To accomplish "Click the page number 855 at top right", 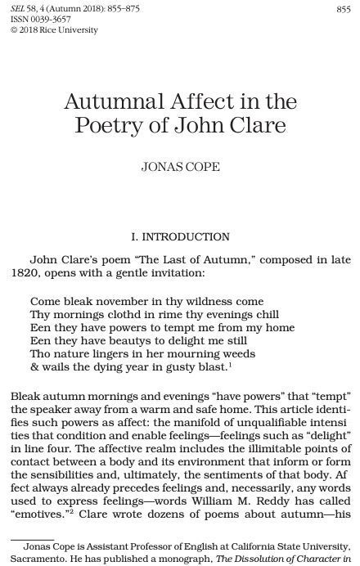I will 343,8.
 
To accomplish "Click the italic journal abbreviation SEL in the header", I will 18,8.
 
